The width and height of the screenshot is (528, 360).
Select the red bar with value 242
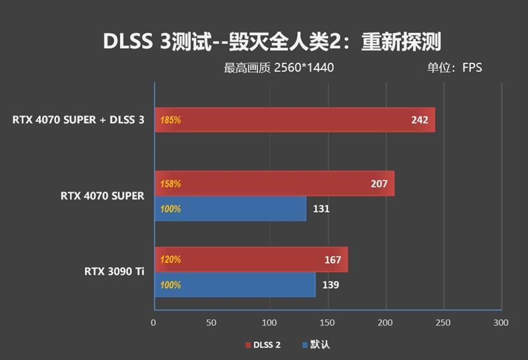tap(294, 120)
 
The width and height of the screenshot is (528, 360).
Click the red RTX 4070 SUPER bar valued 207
tap(274, 184)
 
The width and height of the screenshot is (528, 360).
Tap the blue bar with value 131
tap(230, 209)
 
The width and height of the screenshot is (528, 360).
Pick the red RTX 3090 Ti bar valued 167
tap(251, 260)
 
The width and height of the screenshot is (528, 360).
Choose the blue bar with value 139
tap(234, 285)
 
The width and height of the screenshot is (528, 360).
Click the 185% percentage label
tap(170, 120)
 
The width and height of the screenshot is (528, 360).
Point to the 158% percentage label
tap(170, 184)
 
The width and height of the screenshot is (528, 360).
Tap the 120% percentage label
tap(170, 260)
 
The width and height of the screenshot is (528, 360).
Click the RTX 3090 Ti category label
tap(114, 271)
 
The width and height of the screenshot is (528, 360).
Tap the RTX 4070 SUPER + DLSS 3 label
tap(78, 120)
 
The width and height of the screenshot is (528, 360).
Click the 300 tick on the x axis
tap(501, 322)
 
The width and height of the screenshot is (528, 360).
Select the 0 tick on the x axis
tap(154, 322)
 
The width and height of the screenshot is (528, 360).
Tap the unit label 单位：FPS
tap(454, 67)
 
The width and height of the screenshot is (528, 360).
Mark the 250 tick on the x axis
tap(443, 322)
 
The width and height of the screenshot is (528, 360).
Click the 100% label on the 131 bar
tap(170, 209)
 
